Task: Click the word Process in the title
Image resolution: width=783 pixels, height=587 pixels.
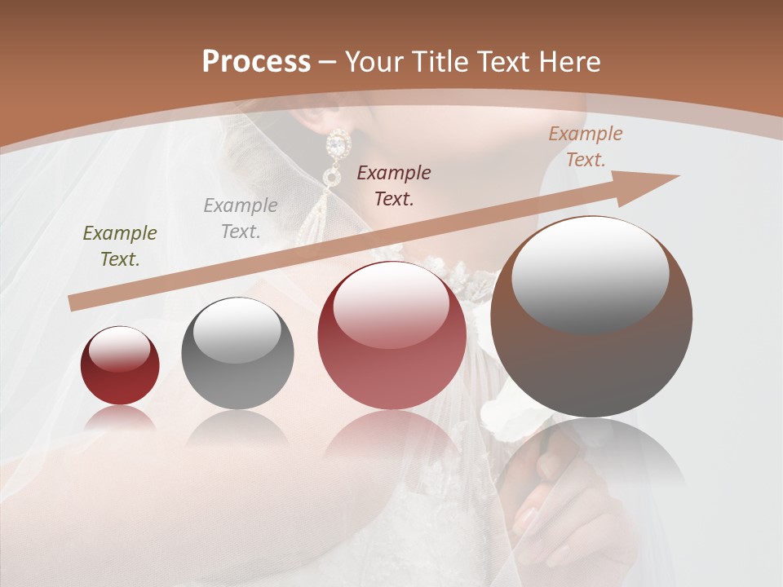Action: click(256, 61)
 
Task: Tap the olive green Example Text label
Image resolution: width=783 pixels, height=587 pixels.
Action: click(120, 246)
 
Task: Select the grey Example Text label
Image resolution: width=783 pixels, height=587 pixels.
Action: click(241, 218)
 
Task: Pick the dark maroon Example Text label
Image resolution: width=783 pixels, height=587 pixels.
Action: click(394, 185)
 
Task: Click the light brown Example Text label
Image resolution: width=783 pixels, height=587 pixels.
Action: click(586, 147)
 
